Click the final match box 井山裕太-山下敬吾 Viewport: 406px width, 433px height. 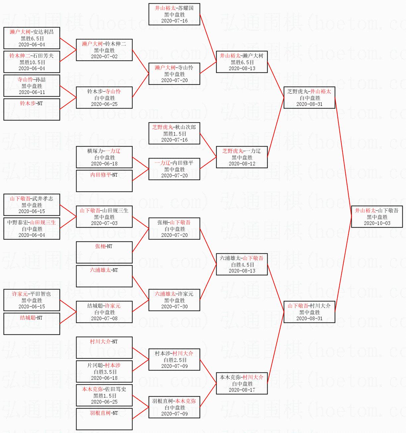click(x=377, y=217)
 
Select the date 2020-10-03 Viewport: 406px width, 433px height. click(x=377, y=223)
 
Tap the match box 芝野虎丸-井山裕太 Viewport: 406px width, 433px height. click(x=309, y=98)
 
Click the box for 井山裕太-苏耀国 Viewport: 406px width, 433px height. click(x=174, y=14)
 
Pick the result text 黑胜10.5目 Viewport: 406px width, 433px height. click(x=32, y=62)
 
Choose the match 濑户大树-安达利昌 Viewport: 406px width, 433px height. click(x=32, y=38)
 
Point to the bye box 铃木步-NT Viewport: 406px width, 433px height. click(x=32, y=109)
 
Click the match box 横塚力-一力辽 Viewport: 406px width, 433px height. click(x=104, y=157)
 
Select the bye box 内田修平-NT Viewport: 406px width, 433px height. click(x=104, y=181)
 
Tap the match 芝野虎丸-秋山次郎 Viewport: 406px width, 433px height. click(x=174, y=133)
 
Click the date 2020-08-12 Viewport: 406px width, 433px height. click(x=242, y=164)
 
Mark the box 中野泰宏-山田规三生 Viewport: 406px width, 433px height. click(x=32, y=229)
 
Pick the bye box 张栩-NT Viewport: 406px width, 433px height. click(x=104, y=252)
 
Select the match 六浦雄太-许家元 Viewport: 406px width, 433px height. click(x=174, y=300)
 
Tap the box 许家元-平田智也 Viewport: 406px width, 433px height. click(x=32, y=300)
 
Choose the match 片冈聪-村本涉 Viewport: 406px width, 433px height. click(x=104, y=371)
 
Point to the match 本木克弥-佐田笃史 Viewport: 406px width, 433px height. click(x=104, y=395)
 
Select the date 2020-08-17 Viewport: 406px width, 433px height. click(x=242, y=390)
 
